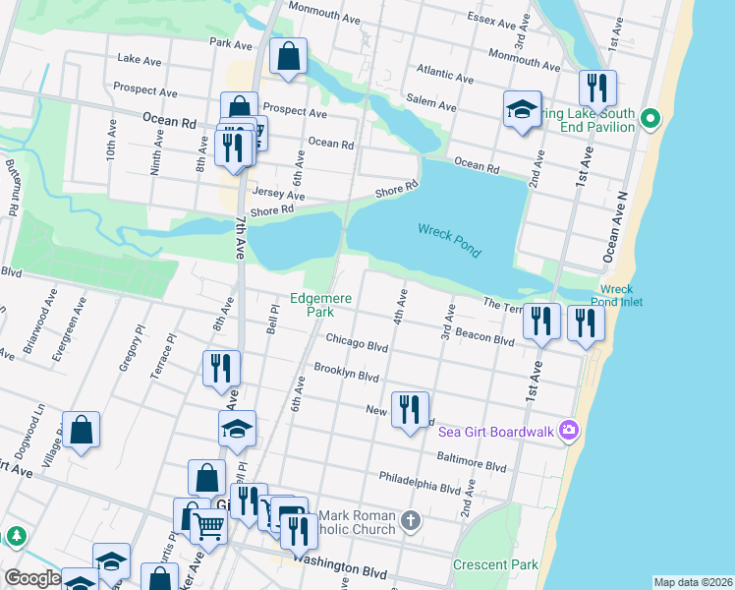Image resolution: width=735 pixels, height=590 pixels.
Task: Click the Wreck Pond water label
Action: [x=449, y=239]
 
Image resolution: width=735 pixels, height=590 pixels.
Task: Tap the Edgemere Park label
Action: [x=319, y=305]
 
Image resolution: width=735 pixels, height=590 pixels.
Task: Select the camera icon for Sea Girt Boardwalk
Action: [x=567, y=429]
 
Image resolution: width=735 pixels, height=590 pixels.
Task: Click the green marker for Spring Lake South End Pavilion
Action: [x=650, y=120]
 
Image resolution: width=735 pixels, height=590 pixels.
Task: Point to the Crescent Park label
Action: [x=495, y=565]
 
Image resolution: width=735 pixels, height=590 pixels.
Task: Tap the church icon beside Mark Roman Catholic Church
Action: [x=411, y=518]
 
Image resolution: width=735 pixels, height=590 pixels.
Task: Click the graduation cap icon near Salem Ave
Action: [x=523, y=110]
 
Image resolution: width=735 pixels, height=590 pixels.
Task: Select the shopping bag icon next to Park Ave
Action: [x=289, y=58]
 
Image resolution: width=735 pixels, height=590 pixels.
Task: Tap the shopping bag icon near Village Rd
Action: [x=81, y=430]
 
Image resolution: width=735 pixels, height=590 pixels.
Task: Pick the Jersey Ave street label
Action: [x=278, y=195]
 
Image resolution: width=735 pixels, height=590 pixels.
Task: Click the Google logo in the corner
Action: [x=32, y=578]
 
